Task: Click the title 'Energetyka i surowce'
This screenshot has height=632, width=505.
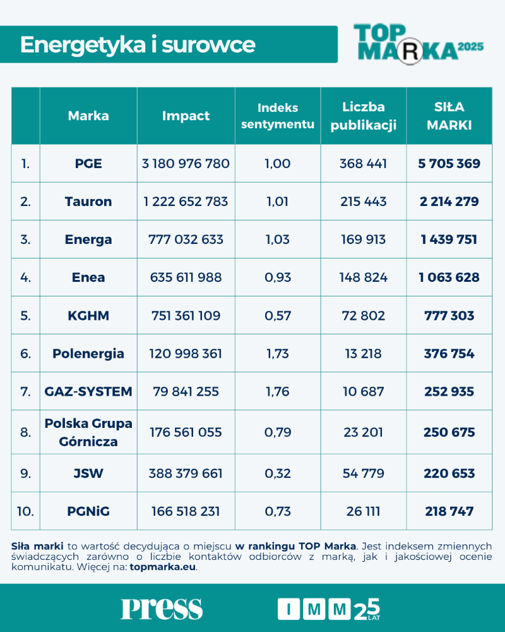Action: click(138, 45)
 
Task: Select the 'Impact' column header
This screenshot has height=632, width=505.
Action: click(186, 116)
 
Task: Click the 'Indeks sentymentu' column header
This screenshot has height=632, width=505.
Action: click(278, 116)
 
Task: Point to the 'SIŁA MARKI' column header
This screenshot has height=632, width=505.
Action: click(449, 116)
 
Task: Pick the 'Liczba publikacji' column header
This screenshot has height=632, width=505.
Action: click(364, 116)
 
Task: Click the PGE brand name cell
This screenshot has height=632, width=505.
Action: click(88, 164)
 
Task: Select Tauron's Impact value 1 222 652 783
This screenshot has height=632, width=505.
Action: click(186, 202)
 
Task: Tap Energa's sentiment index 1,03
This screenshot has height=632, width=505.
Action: click(278, 240)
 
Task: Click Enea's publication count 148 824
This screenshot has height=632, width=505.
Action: click(364, 277)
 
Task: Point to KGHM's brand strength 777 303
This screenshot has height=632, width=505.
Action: click(449, 315)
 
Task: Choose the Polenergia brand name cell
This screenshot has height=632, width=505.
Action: click(88, 353)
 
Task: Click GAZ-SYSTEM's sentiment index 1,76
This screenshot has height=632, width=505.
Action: click(278, 391)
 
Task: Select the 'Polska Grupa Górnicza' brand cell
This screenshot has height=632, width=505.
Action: click(88, 432)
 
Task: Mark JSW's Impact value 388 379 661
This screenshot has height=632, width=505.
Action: click(186, 473)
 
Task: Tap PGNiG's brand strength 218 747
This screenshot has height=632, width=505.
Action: click(449, 511)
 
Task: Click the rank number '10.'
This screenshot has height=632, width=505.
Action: click(25, 511)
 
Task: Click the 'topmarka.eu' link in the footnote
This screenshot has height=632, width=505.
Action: click(163, 567)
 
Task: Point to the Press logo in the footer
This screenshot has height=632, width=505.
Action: click(162, 608)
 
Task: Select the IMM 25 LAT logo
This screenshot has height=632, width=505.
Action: click(329, 608)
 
